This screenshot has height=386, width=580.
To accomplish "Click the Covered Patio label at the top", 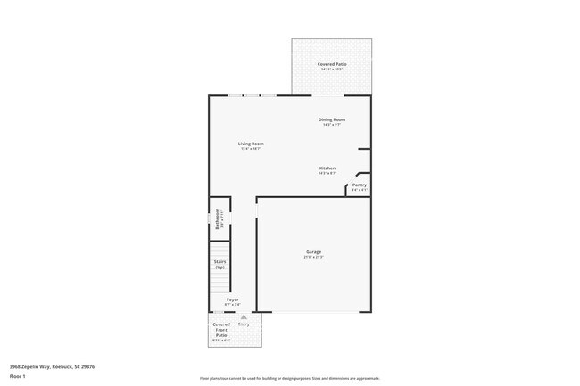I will pos(332,64).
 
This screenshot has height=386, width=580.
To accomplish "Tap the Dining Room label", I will pos(332,119).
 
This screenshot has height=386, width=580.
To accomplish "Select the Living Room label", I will pos(251,144).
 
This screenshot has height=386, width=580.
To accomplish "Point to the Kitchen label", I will pos(327,168).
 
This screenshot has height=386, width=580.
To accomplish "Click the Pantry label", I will pos(359,185).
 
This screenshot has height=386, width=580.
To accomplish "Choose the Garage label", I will pos(314,252).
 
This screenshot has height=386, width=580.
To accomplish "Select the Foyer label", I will pos(232,300).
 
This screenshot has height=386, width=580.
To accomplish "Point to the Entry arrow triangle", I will pos(243,316).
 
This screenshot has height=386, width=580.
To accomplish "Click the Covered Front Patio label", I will pos(221,329).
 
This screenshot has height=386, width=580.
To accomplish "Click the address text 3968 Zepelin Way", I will pos(53,365).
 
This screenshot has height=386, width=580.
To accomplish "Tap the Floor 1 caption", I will pos(18,376).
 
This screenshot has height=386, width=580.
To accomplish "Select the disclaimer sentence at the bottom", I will pos(289,378).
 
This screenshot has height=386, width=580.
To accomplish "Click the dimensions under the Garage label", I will pos(314,258).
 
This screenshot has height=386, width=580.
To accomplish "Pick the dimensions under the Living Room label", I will pos(251,149).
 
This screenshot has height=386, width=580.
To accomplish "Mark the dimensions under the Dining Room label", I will pos(332,125).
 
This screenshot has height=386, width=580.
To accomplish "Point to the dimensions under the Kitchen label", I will pos(327,174).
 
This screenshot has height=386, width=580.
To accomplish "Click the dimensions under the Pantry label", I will pos(359,190).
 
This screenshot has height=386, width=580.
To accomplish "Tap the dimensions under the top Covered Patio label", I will pos(332,70).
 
